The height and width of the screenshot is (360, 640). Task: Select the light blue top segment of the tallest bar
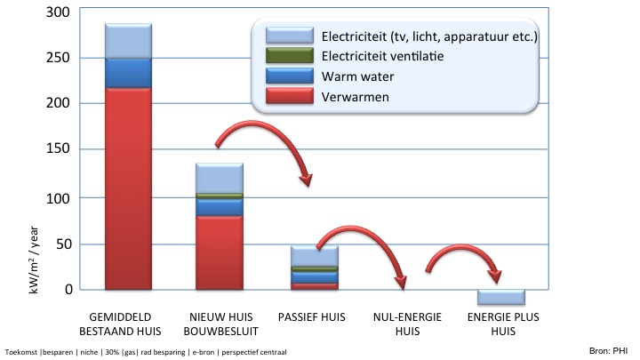128,41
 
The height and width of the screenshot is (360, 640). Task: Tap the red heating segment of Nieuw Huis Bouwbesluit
219,252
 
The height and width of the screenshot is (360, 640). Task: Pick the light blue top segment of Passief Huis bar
314,255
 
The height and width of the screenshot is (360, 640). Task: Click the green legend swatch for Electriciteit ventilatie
290,56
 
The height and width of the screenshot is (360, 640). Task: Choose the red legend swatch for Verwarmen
290,95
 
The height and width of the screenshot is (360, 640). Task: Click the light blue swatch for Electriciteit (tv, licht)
290,36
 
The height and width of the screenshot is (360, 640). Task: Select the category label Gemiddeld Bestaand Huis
128,324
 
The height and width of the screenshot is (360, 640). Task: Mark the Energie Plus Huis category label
503,324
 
